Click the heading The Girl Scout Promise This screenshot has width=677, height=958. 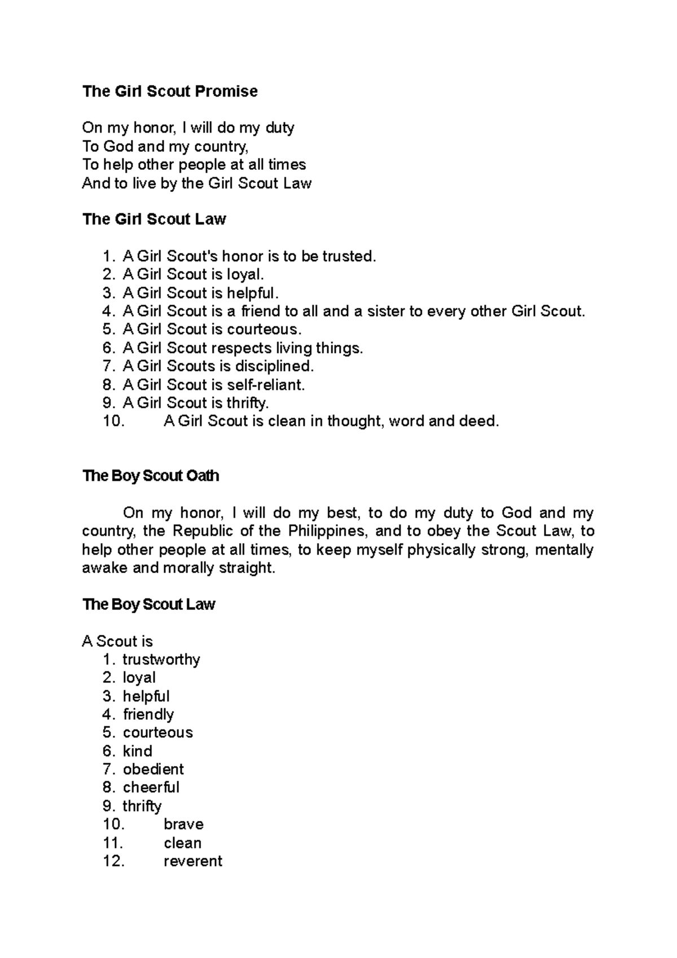[x=170, y=91]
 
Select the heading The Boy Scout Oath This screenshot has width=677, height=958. [x=151, y=476]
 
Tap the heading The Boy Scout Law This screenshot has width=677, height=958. [x=149, y=605]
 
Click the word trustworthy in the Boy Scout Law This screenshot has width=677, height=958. [x=161, y=660]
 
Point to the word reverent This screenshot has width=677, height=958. [x=193, y=861]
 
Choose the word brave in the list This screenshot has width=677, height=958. [x=183, y=824]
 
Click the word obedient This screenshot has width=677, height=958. [x=153, y=769]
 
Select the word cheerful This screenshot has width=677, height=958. [x=151, y=788]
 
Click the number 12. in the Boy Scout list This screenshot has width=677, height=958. [x=113, y=861]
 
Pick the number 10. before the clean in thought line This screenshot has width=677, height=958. [x=113, y=421]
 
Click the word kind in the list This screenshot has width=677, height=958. [x=138, y=751]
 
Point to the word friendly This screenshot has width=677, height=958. [x=148, y=714]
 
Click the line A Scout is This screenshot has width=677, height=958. [x=117, y=641]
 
